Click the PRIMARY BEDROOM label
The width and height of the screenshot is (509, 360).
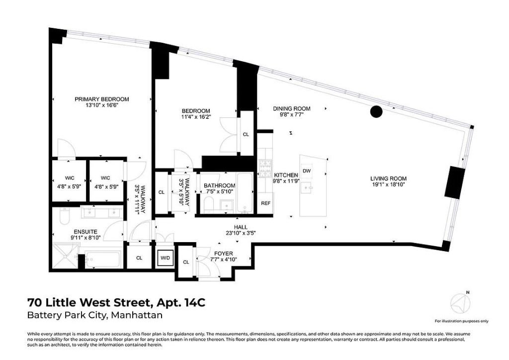point(102,99)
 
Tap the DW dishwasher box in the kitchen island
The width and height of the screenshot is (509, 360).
point(307,171)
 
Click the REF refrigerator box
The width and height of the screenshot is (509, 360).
point(265,203)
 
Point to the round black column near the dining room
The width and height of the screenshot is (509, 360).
point(376,112)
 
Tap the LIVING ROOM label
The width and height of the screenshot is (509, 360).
point(388,179)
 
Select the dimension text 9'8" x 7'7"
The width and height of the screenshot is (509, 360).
point(292,114)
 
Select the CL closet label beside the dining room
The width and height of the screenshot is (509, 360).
point(246,134)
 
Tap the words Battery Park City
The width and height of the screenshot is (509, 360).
point(67,315)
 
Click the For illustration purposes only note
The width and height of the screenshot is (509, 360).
point(461,321)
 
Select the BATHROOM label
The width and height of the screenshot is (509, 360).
point(219,185)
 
